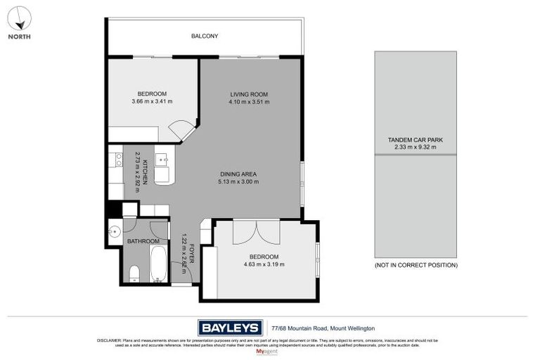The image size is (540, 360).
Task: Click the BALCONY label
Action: coord(205,36)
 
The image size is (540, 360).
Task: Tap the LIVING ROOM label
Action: coord(249,94)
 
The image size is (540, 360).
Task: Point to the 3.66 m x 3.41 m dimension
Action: coord(152,102)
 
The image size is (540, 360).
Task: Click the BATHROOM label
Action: coord(143,241)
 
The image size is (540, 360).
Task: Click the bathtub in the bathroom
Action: coord(159,264)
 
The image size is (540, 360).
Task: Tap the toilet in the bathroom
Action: coord(134,272)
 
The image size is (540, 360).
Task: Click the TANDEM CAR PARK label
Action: coord(415,140)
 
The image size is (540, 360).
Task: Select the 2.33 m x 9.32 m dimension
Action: coord(415,147)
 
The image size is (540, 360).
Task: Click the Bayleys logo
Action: coord(230,328)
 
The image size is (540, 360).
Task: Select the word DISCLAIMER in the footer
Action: coord(109,340)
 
